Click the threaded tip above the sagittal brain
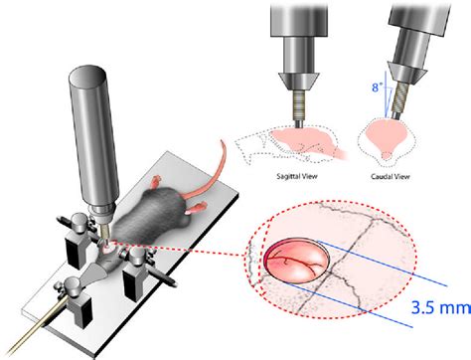tap(296, 104)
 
